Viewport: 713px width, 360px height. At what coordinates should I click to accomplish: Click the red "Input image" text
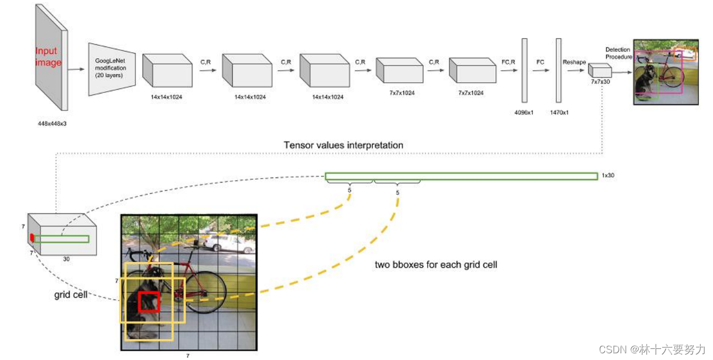(49, 57)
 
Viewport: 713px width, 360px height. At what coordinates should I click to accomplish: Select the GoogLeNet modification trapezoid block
(111, 68)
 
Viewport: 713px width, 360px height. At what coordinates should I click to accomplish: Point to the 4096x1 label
(524, 112)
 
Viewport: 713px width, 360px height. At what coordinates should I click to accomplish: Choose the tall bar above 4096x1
(524, 70)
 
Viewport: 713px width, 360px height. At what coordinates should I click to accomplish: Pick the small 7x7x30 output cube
(599, 71)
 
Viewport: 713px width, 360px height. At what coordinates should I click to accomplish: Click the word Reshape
(574, 62)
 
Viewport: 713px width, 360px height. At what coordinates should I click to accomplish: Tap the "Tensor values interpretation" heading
(343, 145)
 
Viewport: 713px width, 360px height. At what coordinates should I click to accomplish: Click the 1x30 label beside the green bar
(608, 176)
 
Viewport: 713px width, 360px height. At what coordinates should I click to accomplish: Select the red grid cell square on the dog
(149, 302)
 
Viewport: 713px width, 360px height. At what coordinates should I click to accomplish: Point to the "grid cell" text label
(71, 294)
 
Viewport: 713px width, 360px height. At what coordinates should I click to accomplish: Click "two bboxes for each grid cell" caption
(436, 264)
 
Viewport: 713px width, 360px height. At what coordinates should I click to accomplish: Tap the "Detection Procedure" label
(618, 53)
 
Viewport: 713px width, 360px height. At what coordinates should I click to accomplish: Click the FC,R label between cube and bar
(509, 62)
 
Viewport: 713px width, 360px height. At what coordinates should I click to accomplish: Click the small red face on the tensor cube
(32, 238)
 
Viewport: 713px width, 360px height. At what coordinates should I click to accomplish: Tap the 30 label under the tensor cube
(66, 259)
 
